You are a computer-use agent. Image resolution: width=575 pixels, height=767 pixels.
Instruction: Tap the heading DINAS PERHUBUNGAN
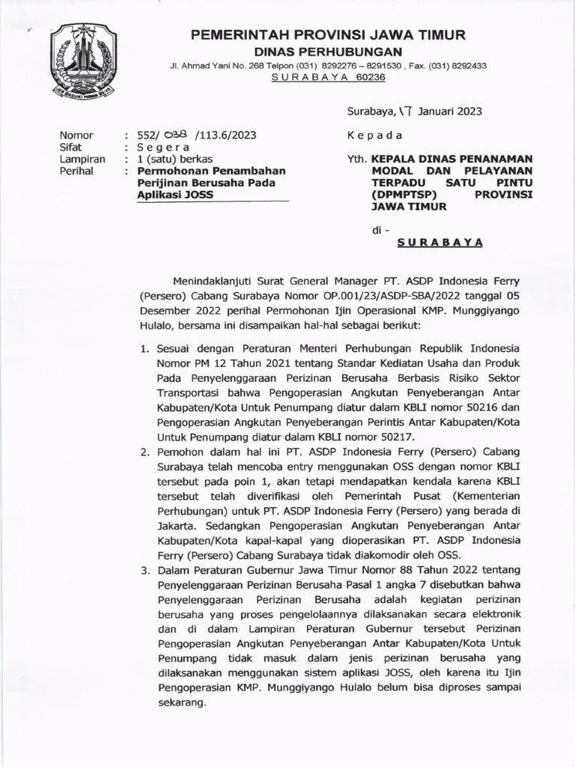(329, 51)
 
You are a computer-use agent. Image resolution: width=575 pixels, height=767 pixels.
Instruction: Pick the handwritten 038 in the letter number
(174, 136)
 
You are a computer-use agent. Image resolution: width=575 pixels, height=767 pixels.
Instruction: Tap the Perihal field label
(76, 171)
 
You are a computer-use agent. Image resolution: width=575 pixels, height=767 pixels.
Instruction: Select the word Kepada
(375, 136)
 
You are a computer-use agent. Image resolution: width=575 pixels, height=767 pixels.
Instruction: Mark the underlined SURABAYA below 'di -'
(439, 243)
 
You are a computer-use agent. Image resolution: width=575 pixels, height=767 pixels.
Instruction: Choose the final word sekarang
(180, 704)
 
